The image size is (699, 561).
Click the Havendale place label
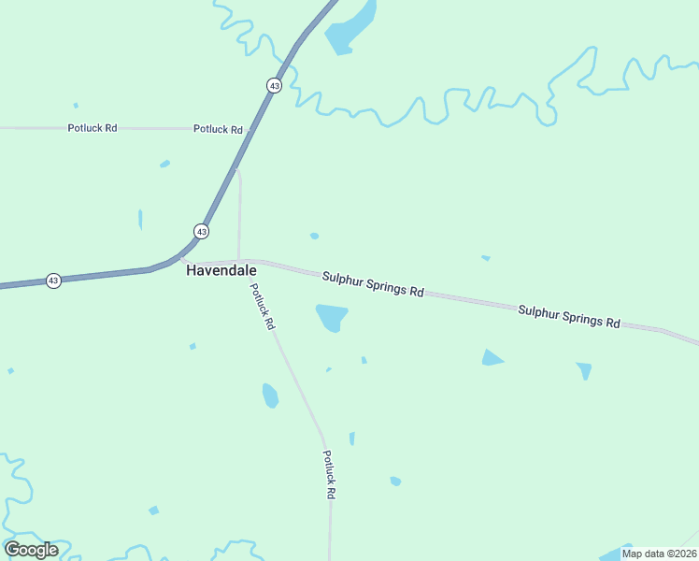pyautogui.click(x=221, y=270)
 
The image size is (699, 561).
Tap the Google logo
pyautogui.click(x=31, y=549)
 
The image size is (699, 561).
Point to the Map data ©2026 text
pyautogui.click(x=659, y=554)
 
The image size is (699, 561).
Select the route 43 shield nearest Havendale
pyautogui.click(x=202, y=231)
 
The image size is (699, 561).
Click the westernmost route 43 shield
pyautogui.click(x=53, y=280)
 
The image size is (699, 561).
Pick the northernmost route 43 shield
pyautogui.click(x=273, y=85)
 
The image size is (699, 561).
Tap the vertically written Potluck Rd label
pyautogui.click(x=329, y=474)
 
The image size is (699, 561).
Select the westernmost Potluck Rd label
pyautogui.click(x=92, y=128)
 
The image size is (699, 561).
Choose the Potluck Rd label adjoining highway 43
pyautogui.click(x=218, y=129)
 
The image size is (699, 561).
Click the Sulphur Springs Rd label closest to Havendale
pyautogui.click(x=373, y=284)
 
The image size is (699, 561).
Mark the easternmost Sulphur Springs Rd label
pyautogui.click(x=569, y=316)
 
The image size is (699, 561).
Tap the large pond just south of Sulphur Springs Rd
pyautogui.click(x=332, y=317)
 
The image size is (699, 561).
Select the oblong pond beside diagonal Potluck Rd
pyautogui.click(x=270, y=396)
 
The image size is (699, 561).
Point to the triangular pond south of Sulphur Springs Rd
pyautogui.click(x=492, y=357)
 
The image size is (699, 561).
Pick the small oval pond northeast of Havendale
pyautogui.click(x=314, y=236)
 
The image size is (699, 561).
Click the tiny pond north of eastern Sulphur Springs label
pyautogui.click(x=485, y=257)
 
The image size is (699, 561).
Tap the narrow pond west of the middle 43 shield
pyautogui.click(x=140, y=220)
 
